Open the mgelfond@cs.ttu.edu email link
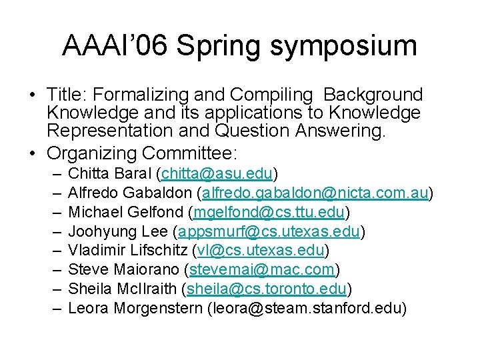[x=269, y=213]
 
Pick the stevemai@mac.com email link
[x=262, y=270]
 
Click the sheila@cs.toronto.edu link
[x=267, y=289]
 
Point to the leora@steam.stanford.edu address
[x=307, y=309]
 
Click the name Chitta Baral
[x=110, y=174]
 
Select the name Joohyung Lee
[x=118, y=232]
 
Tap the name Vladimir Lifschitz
[x=127, y=251]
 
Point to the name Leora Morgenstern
[x=136, y=309]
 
